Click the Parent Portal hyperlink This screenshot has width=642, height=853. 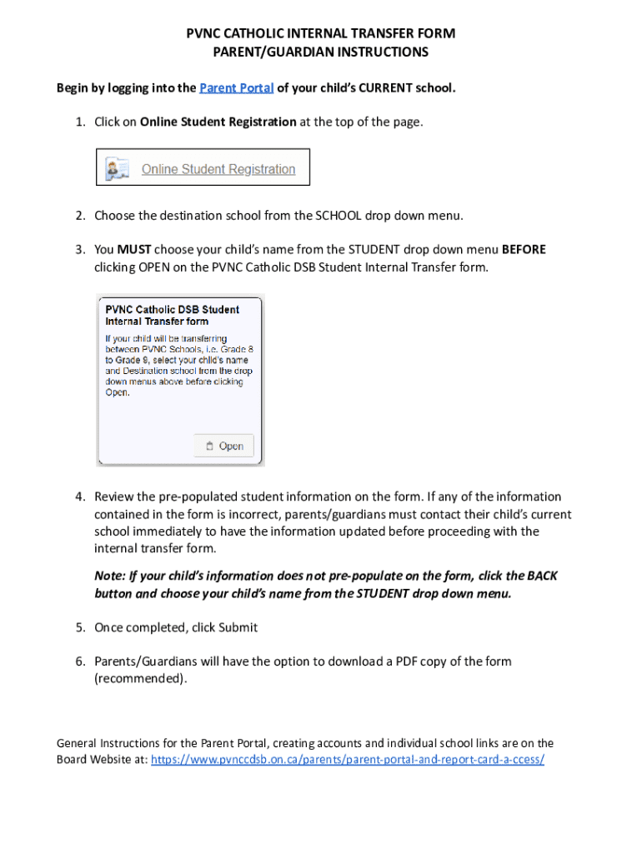coord(237,88)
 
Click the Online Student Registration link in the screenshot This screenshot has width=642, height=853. coord(218,169)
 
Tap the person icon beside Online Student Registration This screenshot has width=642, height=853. coord(115,169)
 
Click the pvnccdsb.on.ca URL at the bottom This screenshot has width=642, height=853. coord(347,760)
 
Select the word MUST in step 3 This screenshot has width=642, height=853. coord(133,250)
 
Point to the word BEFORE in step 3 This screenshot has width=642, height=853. coord(524,250)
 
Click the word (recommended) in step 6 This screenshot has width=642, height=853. coord(140,678)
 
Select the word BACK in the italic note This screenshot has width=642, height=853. coord(544,576)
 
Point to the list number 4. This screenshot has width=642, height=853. coord(80,496)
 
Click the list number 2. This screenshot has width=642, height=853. coord(80,216)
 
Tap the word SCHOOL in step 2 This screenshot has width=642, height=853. coord(338,216)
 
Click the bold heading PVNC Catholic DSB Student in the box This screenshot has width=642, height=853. coord(172,309)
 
